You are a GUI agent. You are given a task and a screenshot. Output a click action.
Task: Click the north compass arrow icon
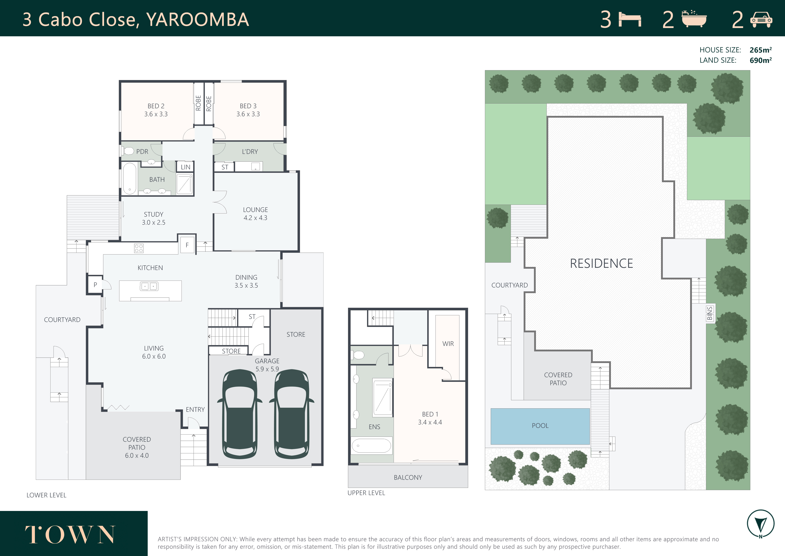(760, 524)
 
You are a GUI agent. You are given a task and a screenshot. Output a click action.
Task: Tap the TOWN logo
(70, 534)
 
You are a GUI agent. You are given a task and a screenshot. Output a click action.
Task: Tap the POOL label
(540, 426)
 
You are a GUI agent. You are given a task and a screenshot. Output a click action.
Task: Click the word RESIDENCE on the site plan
(602, 263)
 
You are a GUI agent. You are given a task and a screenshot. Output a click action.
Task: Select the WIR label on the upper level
(448, 344)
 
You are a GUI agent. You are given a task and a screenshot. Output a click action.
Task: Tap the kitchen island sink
(149, 286)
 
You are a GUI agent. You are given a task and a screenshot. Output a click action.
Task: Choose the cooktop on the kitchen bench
(139, 248)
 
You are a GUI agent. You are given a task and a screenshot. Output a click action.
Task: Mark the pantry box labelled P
(95, 285)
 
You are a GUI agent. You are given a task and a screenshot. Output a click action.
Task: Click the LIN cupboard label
(185, 167)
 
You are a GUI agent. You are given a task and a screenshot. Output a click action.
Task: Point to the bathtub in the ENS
(371, 446)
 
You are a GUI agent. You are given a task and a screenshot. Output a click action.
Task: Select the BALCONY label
(408, 477)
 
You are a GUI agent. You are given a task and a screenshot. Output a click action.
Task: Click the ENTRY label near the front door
(195, 409)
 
